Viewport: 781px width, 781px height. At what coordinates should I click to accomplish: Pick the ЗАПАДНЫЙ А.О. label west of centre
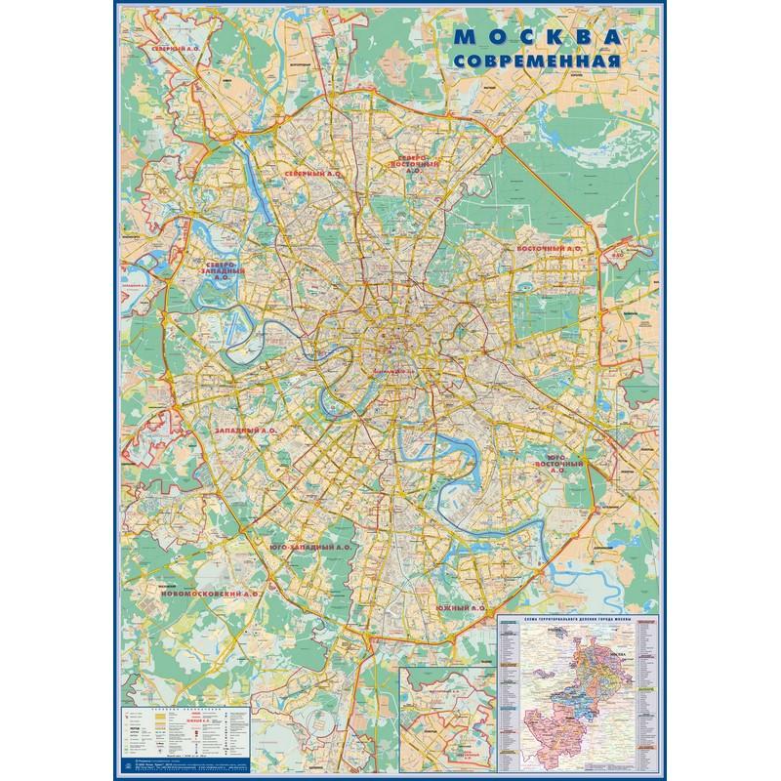tap(247, 429)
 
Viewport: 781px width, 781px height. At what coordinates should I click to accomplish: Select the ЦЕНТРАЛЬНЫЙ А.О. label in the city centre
tap(394, 373)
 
